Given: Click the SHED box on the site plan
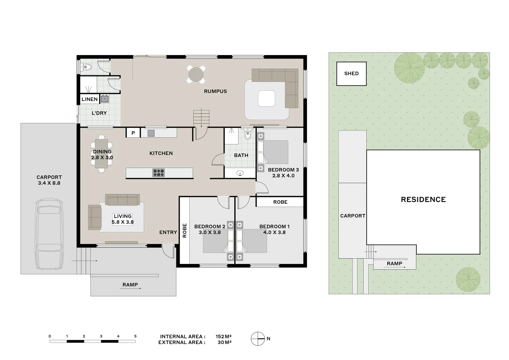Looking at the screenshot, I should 351,74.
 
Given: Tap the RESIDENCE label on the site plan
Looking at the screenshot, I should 423,199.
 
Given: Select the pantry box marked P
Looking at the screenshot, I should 133,133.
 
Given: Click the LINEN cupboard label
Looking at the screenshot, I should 90,99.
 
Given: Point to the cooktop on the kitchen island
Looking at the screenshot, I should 158,173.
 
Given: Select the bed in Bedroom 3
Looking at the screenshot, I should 275,152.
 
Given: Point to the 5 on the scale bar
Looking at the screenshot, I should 135,336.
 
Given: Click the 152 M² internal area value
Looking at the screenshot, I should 223,336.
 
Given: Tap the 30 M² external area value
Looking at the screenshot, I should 224,342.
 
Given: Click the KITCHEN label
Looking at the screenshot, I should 161,153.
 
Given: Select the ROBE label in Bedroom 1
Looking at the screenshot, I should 280,202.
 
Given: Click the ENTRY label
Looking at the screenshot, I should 168,232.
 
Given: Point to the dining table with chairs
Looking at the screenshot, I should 102,153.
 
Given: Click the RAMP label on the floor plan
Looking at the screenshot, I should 130,285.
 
